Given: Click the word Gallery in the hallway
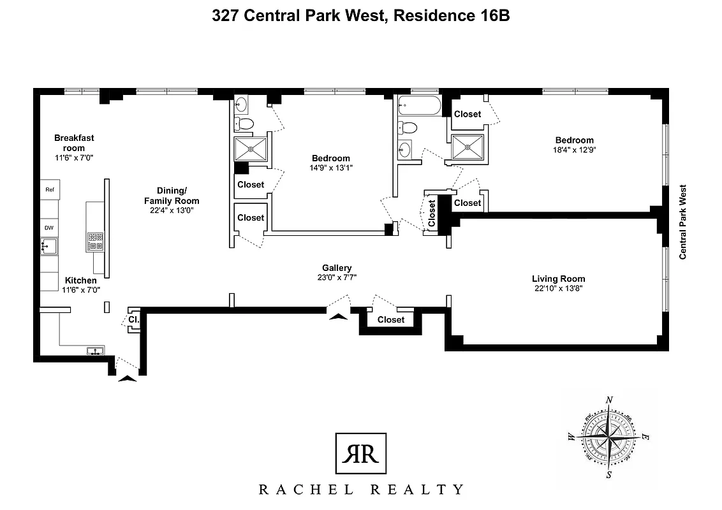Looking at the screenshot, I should click(x=336, y=268).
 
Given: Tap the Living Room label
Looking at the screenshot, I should click(x=558, y=279).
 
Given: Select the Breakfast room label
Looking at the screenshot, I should click(x=73, y=143).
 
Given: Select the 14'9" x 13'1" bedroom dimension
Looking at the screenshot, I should click(x=330, y=168).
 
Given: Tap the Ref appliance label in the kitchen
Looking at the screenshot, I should click(x=48, y=189).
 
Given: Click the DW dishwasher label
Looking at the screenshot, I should click(x=48, y=228).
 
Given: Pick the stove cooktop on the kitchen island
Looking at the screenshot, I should click(x=95, y=241).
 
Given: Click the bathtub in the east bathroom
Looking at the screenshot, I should click(x=418, y=106).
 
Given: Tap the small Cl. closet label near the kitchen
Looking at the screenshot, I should click(x=133, y=319).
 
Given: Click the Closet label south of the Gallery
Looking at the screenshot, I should click(x=390, y=319).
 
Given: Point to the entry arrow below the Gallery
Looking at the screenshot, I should click(x=337, y=312).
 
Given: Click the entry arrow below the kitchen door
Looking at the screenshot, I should click(x=128, y=378).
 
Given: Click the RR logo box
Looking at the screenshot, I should click(x=360, y=453).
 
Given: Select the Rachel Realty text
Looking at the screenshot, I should click(x=360, y=490).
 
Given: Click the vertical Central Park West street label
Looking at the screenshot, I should click(x=683, y=222).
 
